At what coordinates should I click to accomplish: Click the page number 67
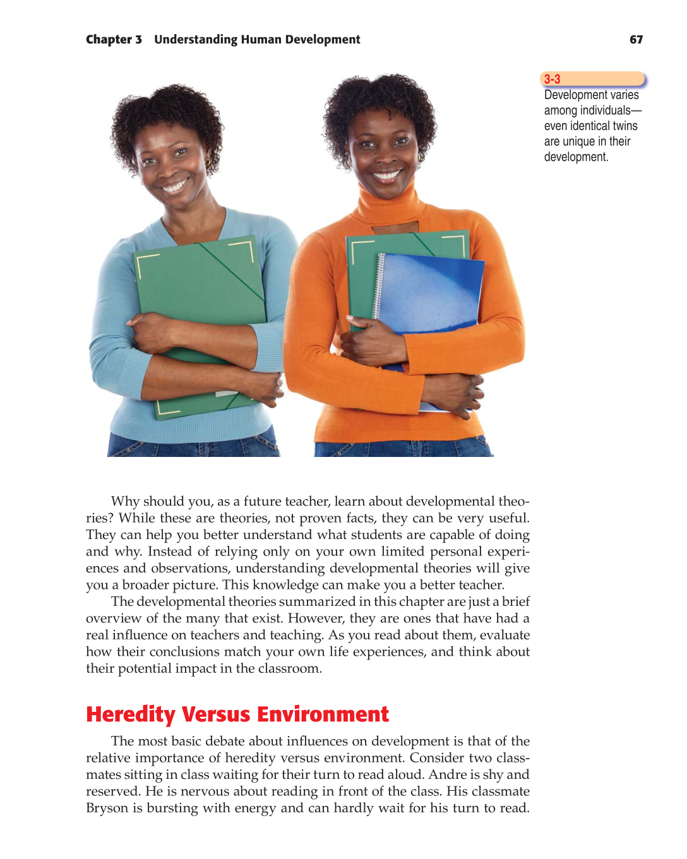pos(636,39)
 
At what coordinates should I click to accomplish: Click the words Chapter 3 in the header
pos(114,39)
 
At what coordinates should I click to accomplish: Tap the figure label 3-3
pos(553,79)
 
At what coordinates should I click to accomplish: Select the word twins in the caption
pos(623,126)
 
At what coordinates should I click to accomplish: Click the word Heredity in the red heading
pos(131,714)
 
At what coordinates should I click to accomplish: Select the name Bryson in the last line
pos(107,808)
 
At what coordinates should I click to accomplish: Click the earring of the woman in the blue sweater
pos(208,163)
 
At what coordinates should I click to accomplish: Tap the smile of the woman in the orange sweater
pos(386,175)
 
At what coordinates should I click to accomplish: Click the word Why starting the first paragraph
pos(125,501)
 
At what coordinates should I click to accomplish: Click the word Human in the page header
pos(261,39)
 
